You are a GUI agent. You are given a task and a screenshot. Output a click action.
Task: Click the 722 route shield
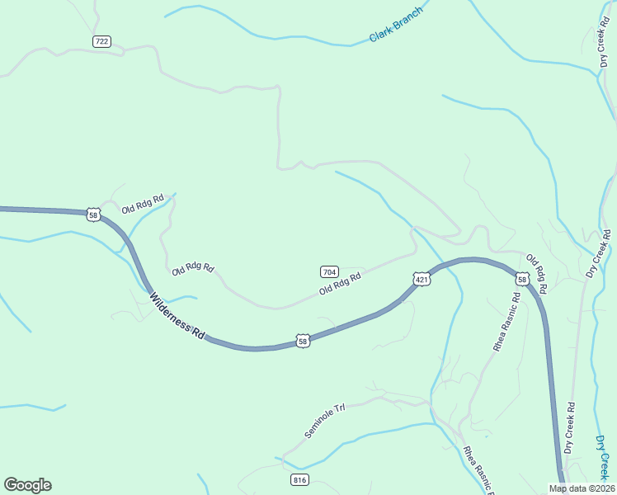click(101, 41)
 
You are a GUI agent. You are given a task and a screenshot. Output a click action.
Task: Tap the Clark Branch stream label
click(396, 24)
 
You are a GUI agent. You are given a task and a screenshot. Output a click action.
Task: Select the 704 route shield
click(329, 271)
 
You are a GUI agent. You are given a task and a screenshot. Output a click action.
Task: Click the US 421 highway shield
click(422, 280)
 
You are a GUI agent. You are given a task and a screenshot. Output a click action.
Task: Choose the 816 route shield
click(299, 479)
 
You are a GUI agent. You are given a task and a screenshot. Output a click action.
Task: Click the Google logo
click(27, 485)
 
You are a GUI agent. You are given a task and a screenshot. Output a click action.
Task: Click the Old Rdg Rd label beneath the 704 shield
click(341, 285)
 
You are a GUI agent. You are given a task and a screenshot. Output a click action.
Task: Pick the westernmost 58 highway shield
click(93, 214)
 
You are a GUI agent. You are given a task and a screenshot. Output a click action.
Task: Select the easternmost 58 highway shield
click(522, 279)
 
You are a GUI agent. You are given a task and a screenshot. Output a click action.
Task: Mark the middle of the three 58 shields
click(303, 340)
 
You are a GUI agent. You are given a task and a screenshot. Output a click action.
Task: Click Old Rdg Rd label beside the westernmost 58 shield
click(143, 204)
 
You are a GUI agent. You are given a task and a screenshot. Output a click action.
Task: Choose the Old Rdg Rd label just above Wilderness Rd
click(193, 269)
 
